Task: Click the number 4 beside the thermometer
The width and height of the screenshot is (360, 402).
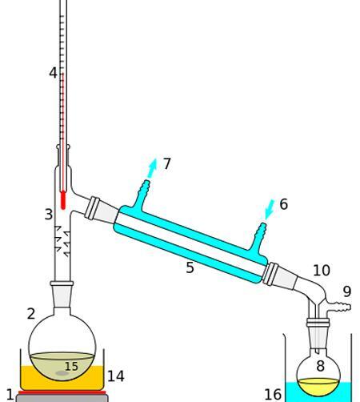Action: coord(53,73)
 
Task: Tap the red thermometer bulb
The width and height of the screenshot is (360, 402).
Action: coord(63,200)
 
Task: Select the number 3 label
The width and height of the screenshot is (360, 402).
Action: coord(49,215)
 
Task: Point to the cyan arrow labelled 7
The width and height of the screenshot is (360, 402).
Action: coord(152,168)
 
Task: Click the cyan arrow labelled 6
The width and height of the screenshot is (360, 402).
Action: coord(270,209)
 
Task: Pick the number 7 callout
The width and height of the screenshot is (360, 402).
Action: coord(166,164)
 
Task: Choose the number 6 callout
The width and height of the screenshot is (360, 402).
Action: coord(284,204)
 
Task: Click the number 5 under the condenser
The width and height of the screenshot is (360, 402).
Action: coord(190,267)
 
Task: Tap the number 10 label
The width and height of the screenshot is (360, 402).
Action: coord(322,271)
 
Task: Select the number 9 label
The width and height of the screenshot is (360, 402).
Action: coord(347,291)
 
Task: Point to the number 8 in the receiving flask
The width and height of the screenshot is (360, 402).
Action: coord(320,366)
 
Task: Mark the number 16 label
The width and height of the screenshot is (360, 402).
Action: coord(273,395)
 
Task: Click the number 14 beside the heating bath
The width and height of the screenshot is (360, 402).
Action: coord(116,376)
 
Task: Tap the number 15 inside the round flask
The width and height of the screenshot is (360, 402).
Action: coord(71,367)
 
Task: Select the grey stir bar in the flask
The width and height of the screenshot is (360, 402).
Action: coord(62,373)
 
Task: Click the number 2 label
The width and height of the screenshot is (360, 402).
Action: coord(31,314)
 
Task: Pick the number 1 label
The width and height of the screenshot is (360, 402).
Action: coord(10,395)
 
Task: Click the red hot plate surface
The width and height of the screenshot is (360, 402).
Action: coord(62,392)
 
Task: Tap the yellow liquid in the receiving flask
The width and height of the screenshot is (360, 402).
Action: coord(318,386)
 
